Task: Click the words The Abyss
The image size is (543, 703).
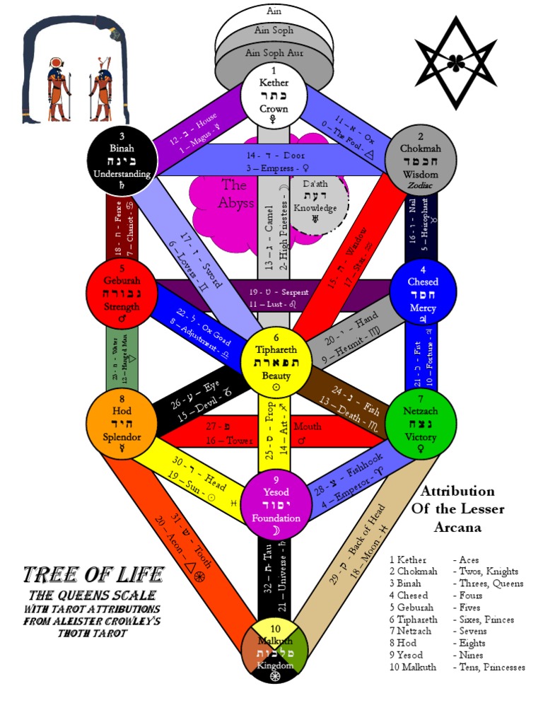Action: tap(234, 193)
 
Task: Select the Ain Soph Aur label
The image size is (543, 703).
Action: tap(274, 53)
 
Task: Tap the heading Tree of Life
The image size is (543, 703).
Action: tap(94, 574)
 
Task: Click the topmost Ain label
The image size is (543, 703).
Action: tap(274, 11)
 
